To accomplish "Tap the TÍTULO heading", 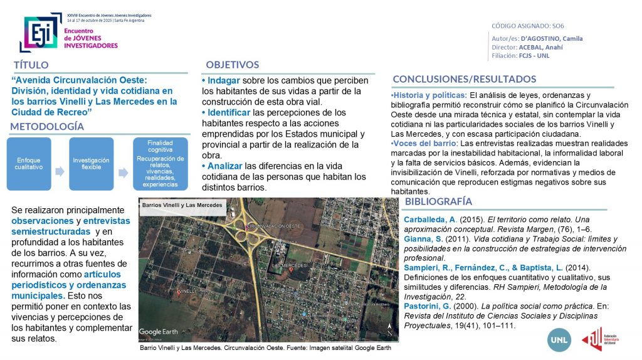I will (x=31, y=65).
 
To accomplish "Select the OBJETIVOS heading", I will (x=232, y=65).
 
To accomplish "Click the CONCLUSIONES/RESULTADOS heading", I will (x=464, y=79).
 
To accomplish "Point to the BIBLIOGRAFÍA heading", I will (x=438, y=201).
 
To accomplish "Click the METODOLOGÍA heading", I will (x=47, y=127).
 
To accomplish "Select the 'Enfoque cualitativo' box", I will (x=28, y=164).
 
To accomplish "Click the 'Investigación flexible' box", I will (x=91, y=164).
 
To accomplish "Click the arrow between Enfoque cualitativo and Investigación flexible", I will (x=60, y=171).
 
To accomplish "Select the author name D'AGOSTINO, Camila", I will (x=552, y=38).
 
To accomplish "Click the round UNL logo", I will (x=559, y=339).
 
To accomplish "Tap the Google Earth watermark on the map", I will (x=159, y=331).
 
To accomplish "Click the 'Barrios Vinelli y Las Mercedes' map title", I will (x=182, y=206).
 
